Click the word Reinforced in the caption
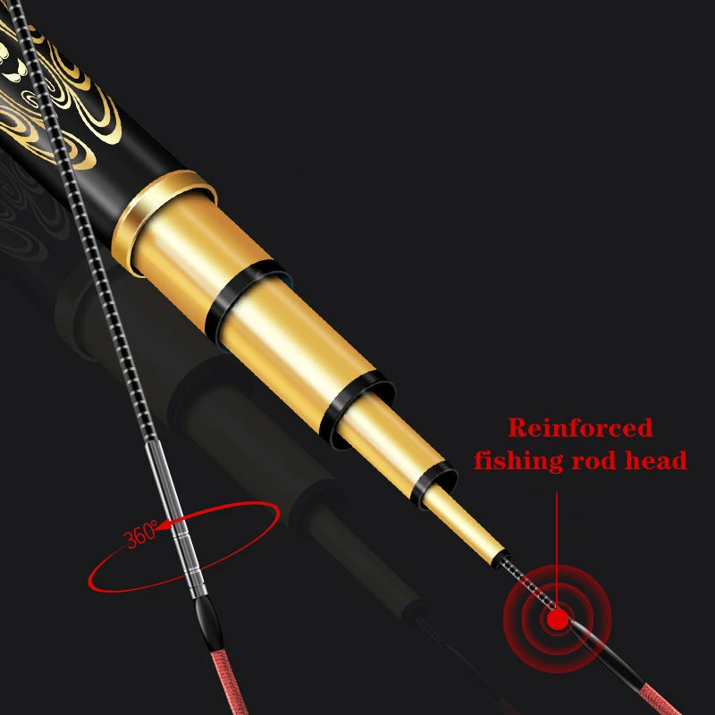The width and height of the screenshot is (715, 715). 580,428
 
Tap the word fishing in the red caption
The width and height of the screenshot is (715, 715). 518,461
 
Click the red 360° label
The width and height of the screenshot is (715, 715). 141,537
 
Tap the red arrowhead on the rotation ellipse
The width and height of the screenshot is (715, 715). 166,527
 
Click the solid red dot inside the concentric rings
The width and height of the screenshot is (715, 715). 559,617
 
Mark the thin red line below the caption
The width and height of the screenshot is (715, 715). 559,536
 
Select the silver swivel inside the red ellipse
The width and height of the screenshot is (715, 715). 185,545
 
